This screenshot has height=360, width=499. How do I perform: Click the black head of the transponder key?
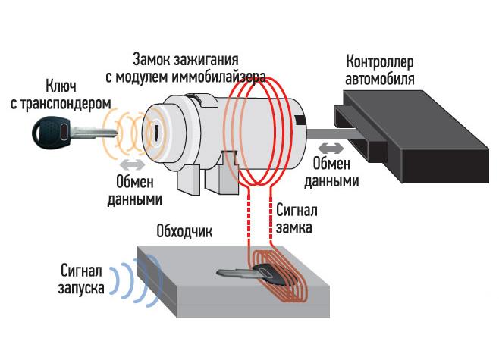tap(49, 135)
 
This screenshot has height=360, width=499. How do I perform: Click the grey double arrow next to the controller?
tap(330, 148)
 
